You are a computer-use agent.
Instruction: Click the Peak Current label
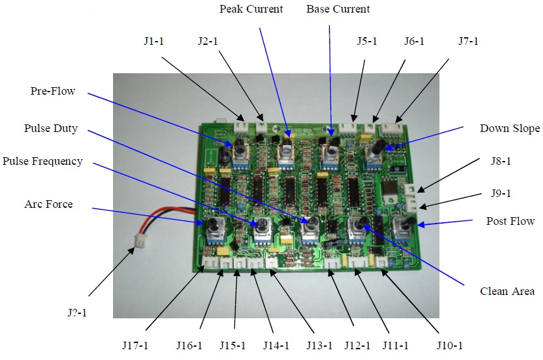coord(251,9)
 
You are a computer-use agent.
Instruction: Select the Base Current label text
coord(338,9)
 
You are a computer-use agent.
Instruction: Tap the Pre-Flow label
coord(52,92)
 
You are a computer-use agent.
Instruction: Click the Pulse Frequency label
coord(42,161)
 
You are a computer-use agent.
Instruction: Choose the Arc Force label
coord(49,204)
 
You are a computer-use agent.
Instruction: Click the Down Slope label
coord(510,129)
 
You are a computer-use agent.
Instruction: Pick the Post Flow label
coord(510,221)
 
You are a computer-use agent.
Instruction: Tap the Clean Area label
coord(503,292)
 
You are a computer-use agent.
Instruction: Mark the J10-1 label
coord(451,345)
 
